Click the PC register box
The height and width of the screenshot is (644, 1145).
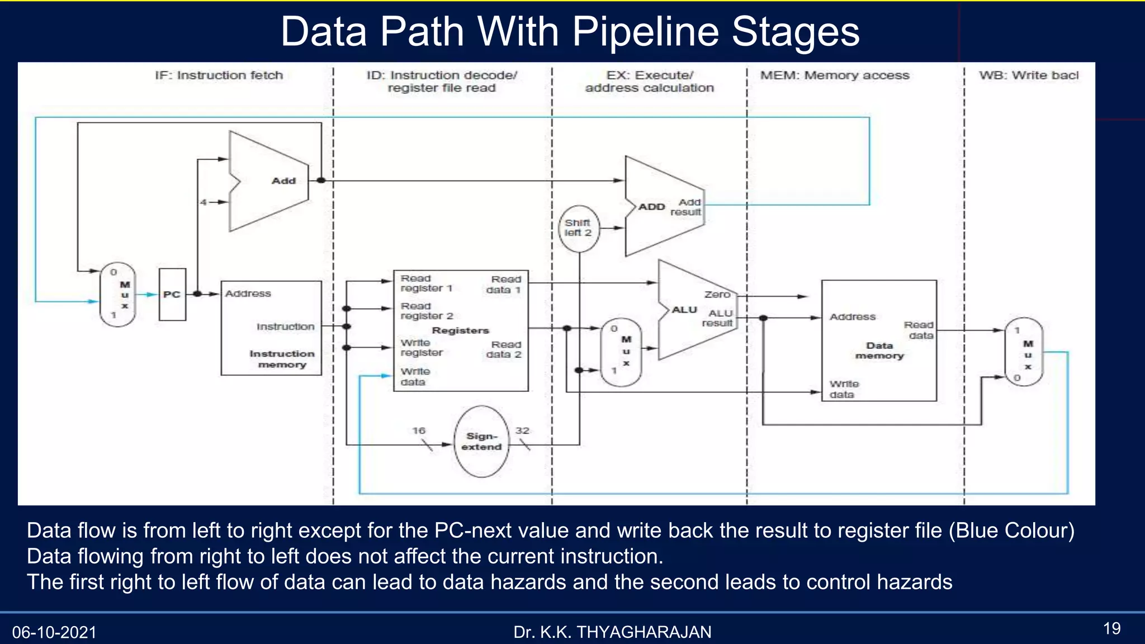click(x=172, y=295)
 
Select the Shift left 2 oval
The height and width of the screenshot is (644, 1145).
click(x=579, y=228)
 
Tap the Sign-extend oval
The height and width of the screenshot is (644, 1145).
click(x=482, y=442)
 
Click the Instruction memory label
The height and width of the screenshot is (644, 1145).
click(x=282, y=359)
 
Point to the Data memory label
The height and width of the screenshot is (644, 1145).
click(x=879, y=351)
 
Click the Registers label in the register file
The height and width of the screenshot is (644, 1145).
click(x=460, y=330)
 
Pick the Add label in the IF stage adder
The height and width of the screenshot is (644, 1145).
click(x=283, y=181)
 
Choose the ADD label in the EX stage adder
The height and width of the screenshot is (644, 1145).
click(x=651, y=207)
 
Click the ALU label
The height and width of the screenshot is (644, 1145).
click(x=684, y=310)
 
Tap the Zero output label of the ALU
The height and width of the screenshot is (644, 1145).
click(x=717, y=295)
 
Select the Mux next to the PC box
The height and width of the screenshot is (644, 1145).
click(x=118, y=295)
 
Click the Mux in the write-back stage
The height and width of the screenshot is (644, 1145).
click(x=1024, y=352)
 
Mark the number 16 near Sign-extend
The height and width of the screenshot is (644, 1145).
click(x=419, y=430)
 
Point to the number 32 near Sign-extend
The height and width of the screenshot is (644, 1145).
click(x=522, y=430)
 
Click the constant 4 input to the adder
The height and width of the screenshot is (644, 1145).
click(x=204, y=202)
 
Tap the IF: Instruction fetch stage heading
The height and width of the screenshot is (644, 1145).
click(x=219, y=75)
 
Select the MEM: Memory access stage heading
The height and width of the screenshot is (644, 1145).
click(x=834, y=75)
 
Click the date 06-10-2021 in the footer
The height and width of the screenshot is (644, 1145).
click(x=54, y=632)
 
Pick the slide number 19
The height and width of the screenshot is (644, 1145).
click(x=1111, y=628)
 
